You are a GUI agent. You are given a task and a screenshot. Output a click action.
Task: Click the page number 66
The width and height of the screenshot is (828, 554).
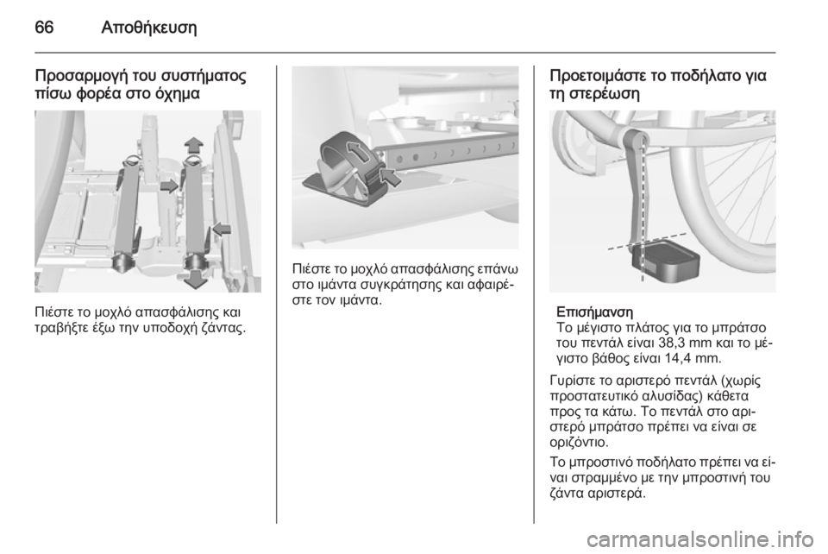coord(44,27)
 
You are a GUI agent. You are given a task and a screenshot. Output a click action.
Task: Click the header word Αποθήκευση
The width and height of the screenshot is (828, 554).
coord(148,28)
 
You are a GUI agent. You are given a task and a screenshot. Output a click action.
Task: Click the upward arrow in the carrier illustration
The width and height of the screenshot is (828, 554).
coord(194,144)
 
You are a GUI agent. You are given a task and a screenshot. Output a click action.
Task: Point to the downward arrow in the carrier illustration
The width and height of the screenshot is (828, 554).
coord(196,279)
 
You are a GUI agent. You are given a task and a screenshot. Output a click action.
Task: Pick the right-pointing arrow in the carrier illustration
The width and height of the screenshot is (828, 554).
coord(169,186)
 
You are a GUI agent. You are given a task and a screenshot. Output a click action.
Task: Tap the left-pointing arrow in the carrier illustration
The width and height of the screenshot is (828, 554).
coord(222,229)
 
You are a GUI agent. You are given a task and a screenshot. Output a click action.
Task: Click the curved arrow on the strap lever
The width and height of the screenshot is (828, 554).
coord(359,152)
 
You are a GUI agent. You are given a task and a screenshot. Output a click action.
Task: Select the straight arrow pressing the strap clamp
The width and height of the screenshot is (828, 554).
coord(391,177)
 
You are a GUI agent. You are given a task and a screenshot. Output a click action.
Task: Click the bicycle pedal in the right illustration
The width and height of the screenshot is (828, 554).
coord(665,261)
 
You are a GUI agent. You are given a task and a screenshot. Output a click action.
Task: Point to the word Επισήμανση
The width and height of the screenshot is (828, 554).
coord(594,310)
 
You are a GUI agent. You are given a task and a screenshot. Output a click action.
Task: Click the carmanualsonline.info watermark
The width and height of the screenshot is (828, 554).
coord(699,539)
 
